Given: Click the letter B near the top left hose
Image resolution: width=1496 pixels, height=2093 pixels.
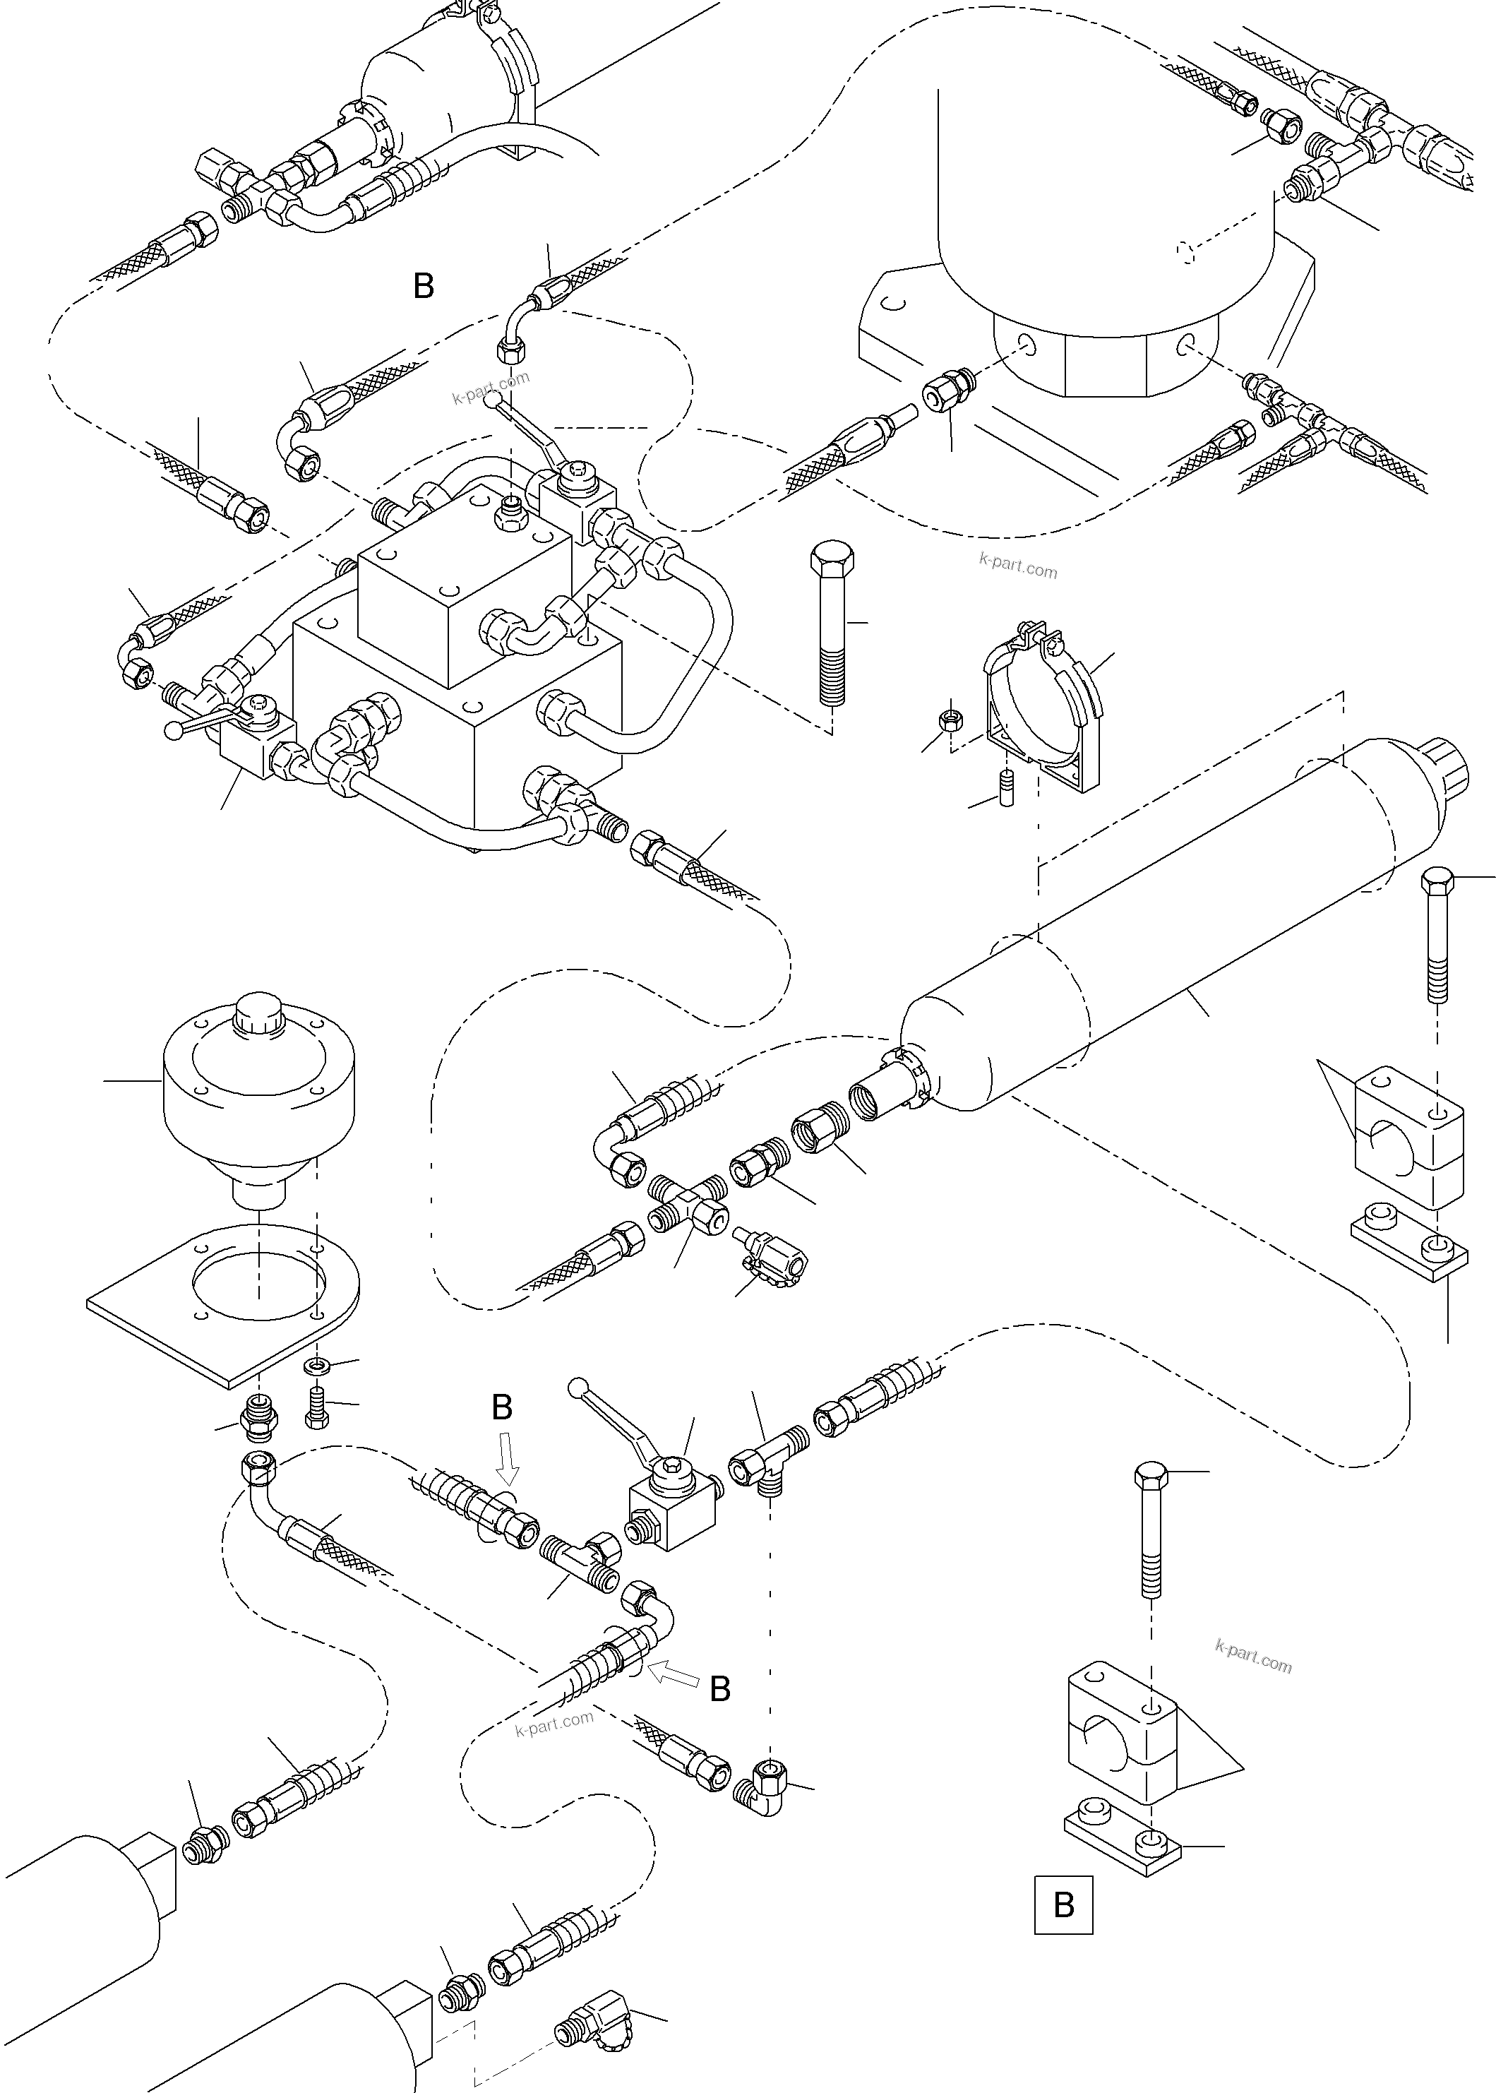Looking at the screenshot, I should [423, 287].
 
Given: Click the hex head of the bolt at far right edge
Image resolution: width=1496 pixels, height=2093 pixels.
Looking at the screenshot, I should [1437, 881].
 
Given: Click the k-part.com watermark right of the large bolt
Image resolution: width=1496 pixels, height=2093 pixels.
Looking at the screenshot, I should [1018, 566].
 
